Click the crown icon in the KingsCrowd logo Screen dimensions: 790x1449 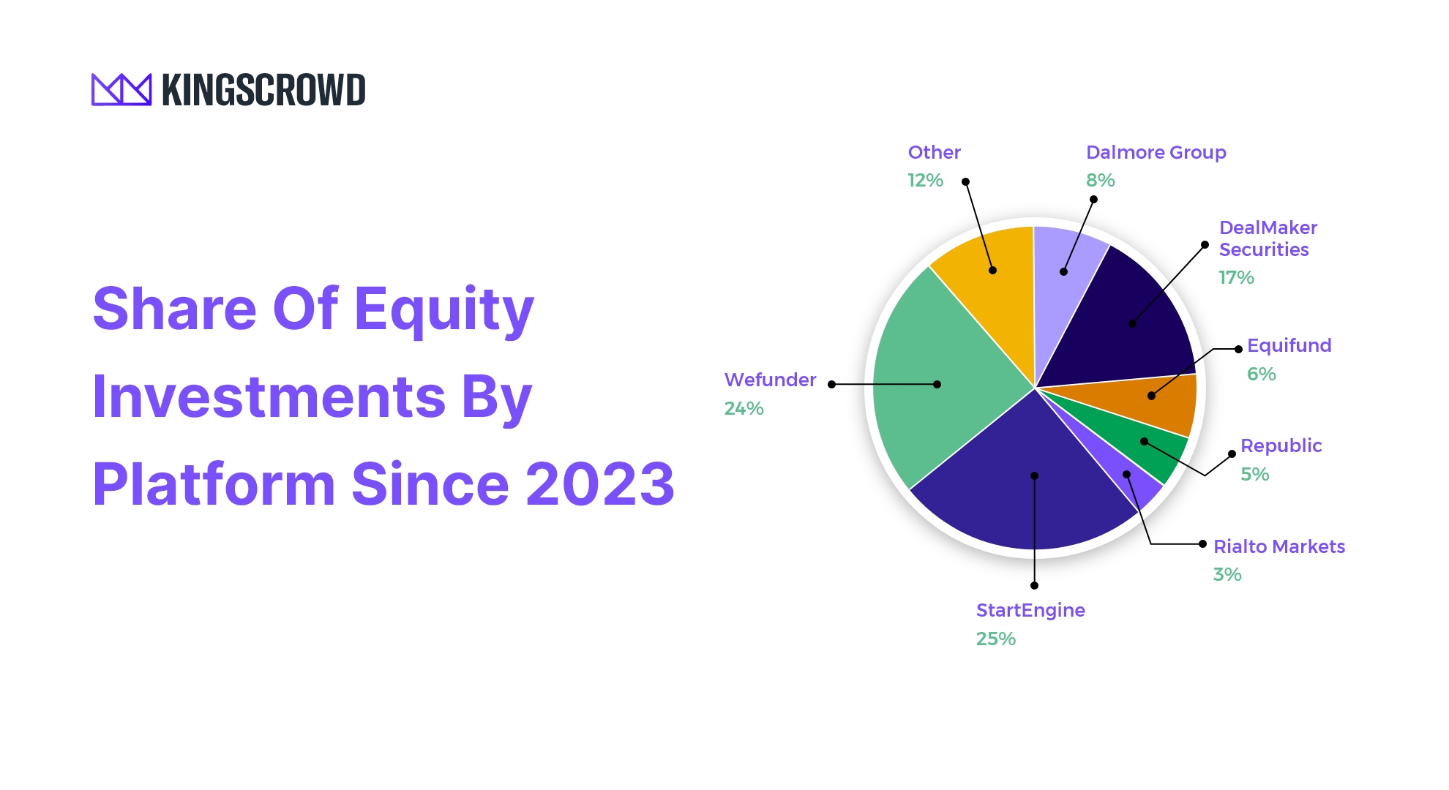pos(121,89)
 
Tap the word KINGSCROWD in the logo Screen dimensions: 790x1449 pos(263,90)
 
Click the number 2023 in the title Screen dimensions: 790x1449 pos(600,484)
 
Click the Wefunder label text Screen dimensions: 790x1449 pos(770,380)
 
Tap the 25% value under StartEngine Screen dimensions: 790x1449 pos(995,639)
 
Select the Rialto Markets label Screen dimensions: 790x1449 pos(1278,546)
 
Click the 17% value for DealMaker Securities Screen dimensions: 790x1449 pos(1236,278)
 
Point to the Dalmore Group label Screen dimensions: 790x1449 pos(1156,152)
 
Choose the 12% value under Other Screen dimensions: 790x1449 pos(925,181)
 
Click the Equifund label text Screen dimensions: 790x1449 pos(1289,345)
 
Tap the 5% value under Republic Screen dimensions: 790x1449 pos(1254,475)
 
